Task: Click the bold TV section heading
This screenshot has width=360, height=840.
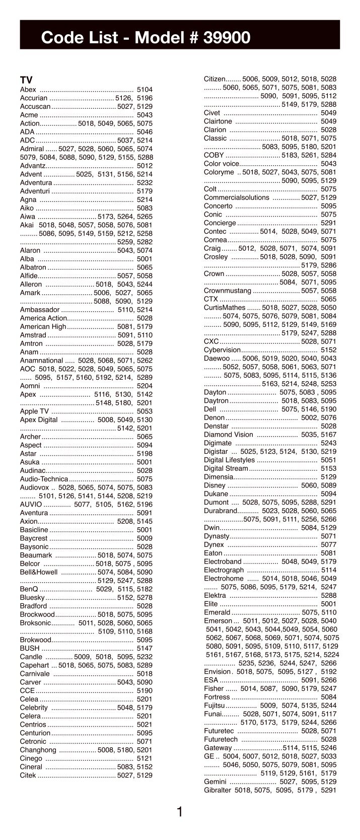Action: pos(26,81)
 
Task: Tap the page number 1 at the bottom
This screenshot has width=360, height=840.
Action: pos(180,812)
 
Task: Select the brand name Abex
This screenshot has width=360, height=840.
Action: pos(28,90)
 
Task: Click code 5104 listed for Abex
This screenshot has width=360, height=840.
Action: pos(145,90)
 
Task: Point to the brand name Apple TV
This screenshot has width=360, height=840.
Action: pos(34,411)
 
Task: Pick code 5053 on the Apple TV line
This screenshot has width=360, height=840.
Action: pos(145,411)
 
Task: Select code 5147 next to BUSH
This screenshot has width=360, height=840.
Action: pos(145,648)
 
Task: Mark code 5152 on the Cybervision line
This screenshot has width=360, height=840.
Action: pos(328,349)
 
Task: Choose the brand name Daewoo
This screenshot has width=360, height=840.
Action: pos(215,358)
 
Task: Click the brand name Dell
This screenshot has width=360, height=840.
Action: pos(210,409)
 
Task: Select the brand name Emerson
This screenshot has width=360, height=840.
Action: pos(218,621)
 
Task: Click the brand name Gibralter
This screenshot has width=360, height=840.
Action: pos(218,790)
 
